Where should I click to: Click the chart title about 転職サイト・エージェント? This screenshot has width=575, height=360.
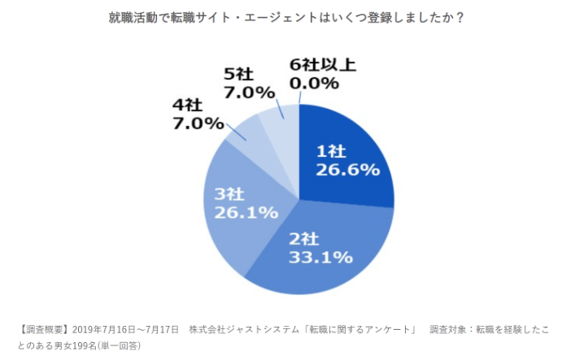point(286,17)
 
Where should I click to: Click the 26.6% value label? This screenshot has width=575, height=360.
point(347,169)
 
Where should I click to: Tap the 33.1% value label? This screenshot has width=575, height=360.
point(320,258)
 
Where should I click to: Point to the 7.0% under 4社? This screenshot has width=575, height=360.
point(198,124)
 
